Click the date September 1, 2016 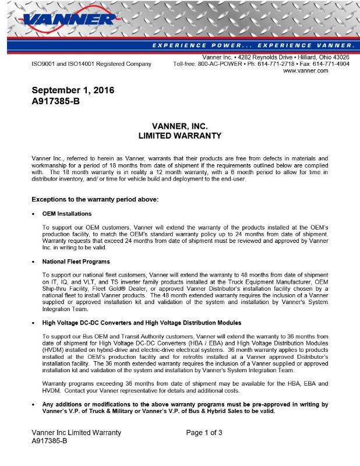tap(73, 90)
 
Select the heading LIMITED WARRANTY tap(179, 136)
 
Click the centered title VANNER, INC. tap(179, 126)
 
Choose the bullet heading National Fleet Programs tap(76, 262)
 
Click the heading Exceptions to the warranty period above tap(94, 200)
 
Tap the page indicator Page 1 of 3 tap(204, 432)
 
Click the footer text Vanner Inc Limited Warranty tap(76, 432)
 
